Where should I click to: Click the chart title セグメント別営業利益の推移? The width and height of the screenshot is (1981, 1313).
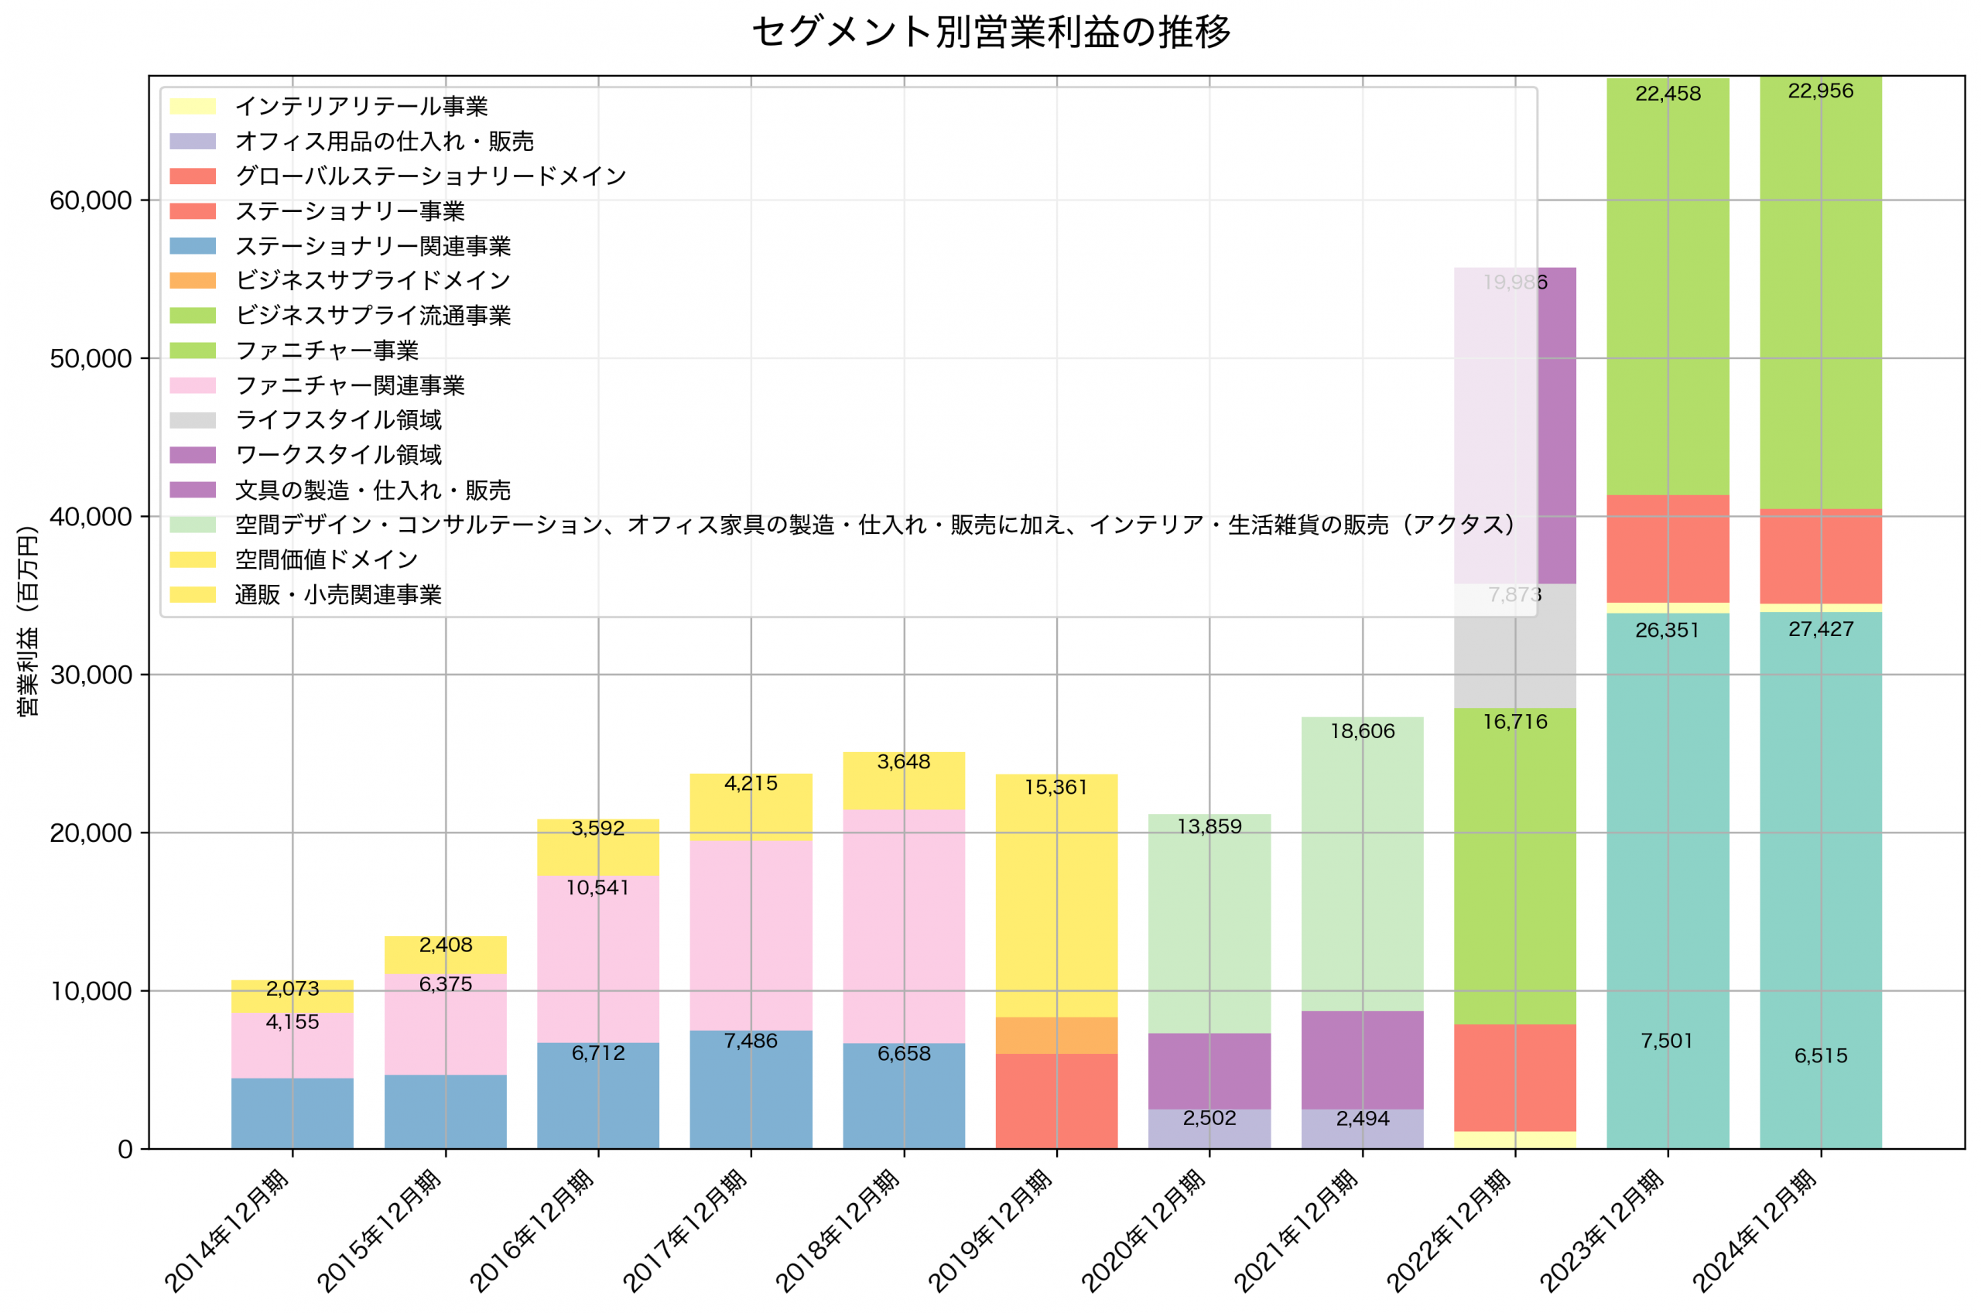coord(990,32)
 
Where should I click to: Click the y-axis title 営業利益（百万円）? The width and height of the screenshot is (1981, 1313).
coord(28,621)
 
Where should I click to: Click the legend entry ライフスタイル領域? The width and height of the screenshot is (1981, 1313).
coord(337,419)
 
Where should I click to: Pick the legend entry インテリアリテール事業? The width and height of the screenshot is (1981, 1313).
coord(361,106)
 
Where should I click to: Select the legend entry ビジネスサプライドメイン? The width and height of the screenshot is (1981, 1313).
coord(371,281)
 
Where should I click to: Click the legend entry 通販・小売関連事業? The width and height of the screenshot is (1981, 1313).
coord(337,594)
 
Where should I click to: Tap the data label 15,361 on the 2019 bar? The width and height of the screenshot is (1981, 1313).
coord(1056,787)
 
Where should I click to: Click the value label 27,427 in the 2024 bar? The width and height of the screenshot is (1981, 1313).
coord(1820,629)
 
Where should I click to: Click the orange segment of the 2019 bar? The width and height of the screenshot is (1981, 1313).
coord(1056,1035)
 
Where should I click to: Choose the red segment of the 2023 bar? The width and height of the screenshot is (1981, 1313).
coord(1667,549)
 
